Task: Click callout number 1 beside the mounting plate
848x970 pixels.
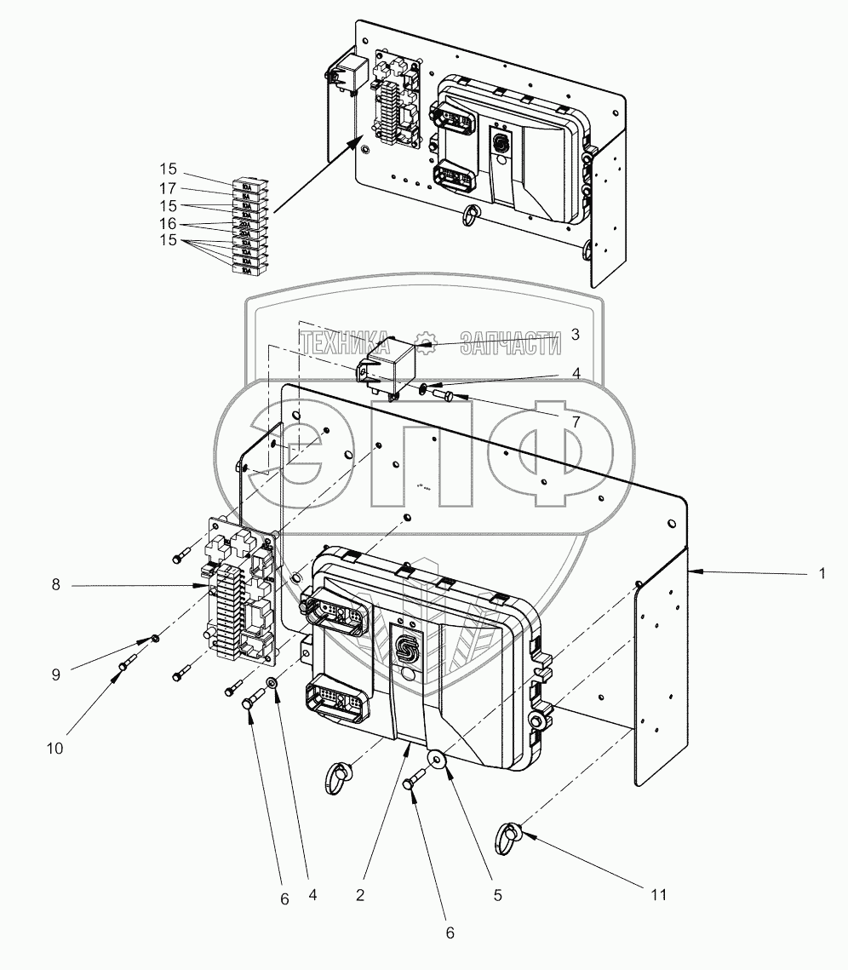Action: click(822, 575)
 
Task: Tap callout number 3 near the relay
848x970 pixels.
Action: click(576, 335)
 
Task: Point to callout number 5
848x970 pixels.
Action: click(497, 895)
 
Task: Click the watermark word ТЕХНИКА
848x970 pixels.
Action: click(345, 342)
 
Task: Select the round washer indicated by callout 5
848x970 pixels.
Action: click(437, 758)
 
